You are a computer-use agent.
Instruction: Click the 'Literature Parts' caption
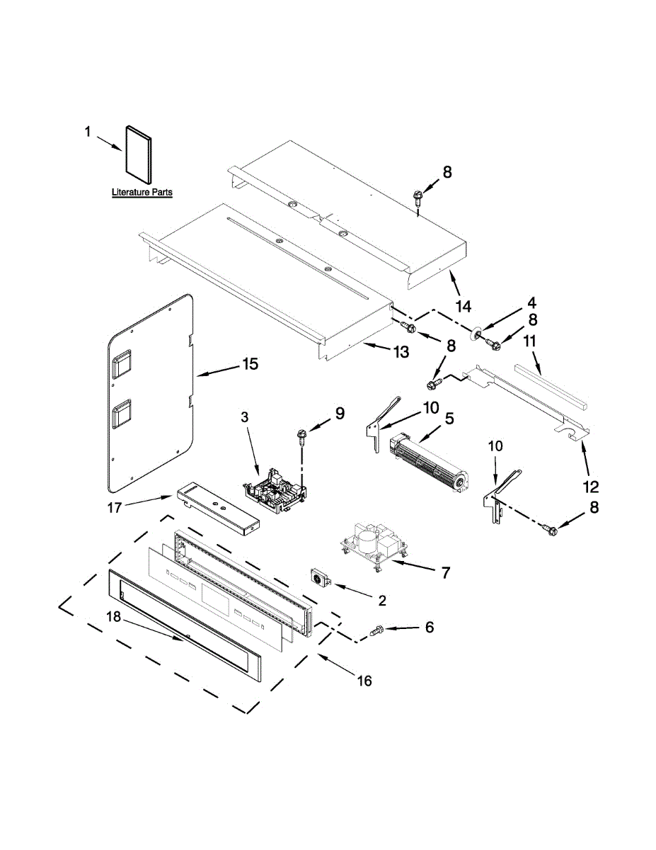(142, 192)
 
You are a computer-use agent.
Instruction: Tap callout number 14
(463, 306)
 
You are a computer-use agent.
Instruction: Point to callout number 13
(401, 351)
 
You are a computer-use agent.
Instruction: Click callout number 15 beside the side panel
(250, 364)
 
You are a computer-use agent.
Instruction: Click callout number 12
(591, 487)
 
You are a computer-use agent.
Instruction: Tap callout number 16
(364, 681)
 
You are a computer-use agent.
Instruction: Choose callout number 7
(445, 573)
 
